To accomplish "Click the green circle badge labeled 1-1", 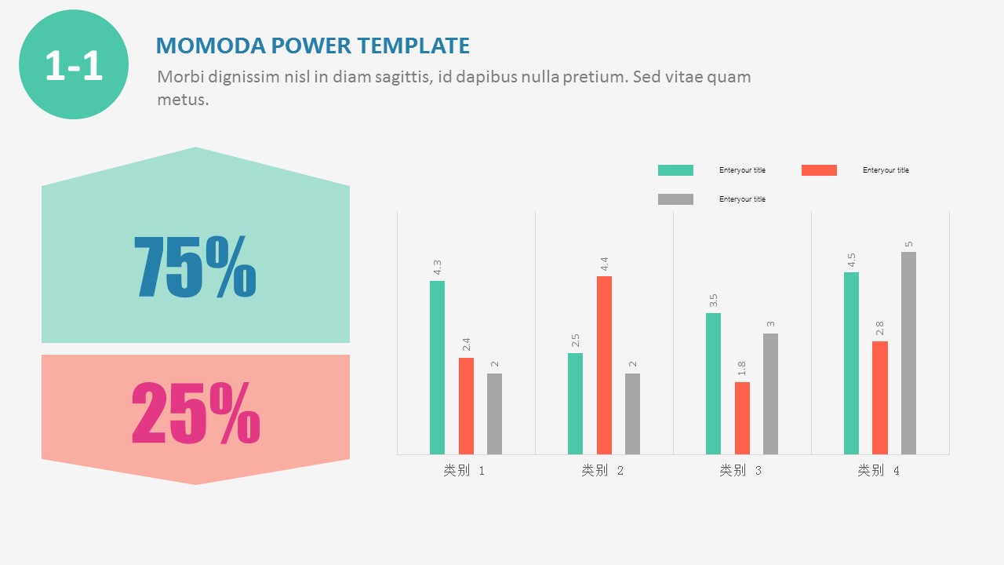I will (x=74, y=64).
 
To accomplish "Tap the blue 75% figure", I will (x=195, y=267).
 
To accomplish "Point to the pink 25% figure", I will (x=195, y=413).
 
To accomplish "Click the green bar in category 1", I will (x=437, y=367).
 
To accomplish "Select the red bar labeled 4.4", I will (x=604, y=365).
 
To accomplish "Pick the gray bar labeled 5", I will (x=908, y=353).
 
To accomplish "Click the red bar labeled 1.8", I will (x=742, y=418).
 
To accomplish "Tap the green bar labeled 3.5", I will (x=713, y=384).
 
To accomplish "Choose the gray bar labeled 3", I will (x=770, y=394).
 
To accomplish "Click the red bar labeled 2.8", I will (x=880, y=398).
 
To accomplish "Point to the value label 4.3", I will (x=438, y=268).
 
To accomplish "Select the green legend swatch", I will (x=675, y=170).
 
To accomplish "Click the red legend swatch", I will (x=819, y=170).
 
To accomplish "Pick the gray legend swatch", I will (x=675, y=199).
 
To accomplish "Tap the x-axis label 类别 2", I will (x=602, y=471).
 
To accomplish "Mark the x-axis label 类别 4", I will (x=878, y=471).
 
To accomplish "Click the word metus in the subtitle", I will (x=181, y=100).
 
